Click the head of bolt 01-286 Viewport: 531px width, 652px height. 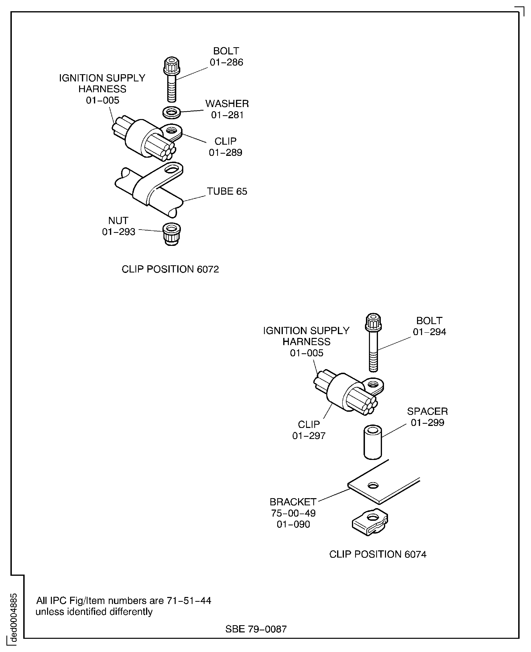click(x=172, y=65)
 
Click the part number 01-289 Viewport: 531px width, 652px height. click(x=225, y=152)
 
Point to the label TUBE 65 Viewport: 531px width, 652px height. click(x=227, y=191)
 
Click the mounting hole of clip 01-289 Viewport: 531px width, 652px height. click(x=171, y=131)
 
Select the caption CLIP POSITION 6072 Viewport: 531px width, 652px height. click(x=170, y=269)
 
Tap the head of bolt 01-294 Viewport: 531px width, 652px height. click(x=373, y=322)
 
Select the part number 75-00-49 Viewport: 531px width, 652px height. click(x=293, y=513)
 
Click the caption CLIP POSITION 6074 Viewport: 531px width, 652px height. click(x=377, y=554)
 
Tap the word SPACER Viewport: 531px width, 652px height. click(x=427, y=411)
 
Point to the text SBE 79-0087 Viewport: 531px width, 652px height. click(x=256, y=629)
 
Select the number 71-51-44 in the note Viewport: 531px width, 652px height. click(x=189, y=601)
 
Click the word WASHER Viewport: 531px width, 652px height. click(x=227, y=104)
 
